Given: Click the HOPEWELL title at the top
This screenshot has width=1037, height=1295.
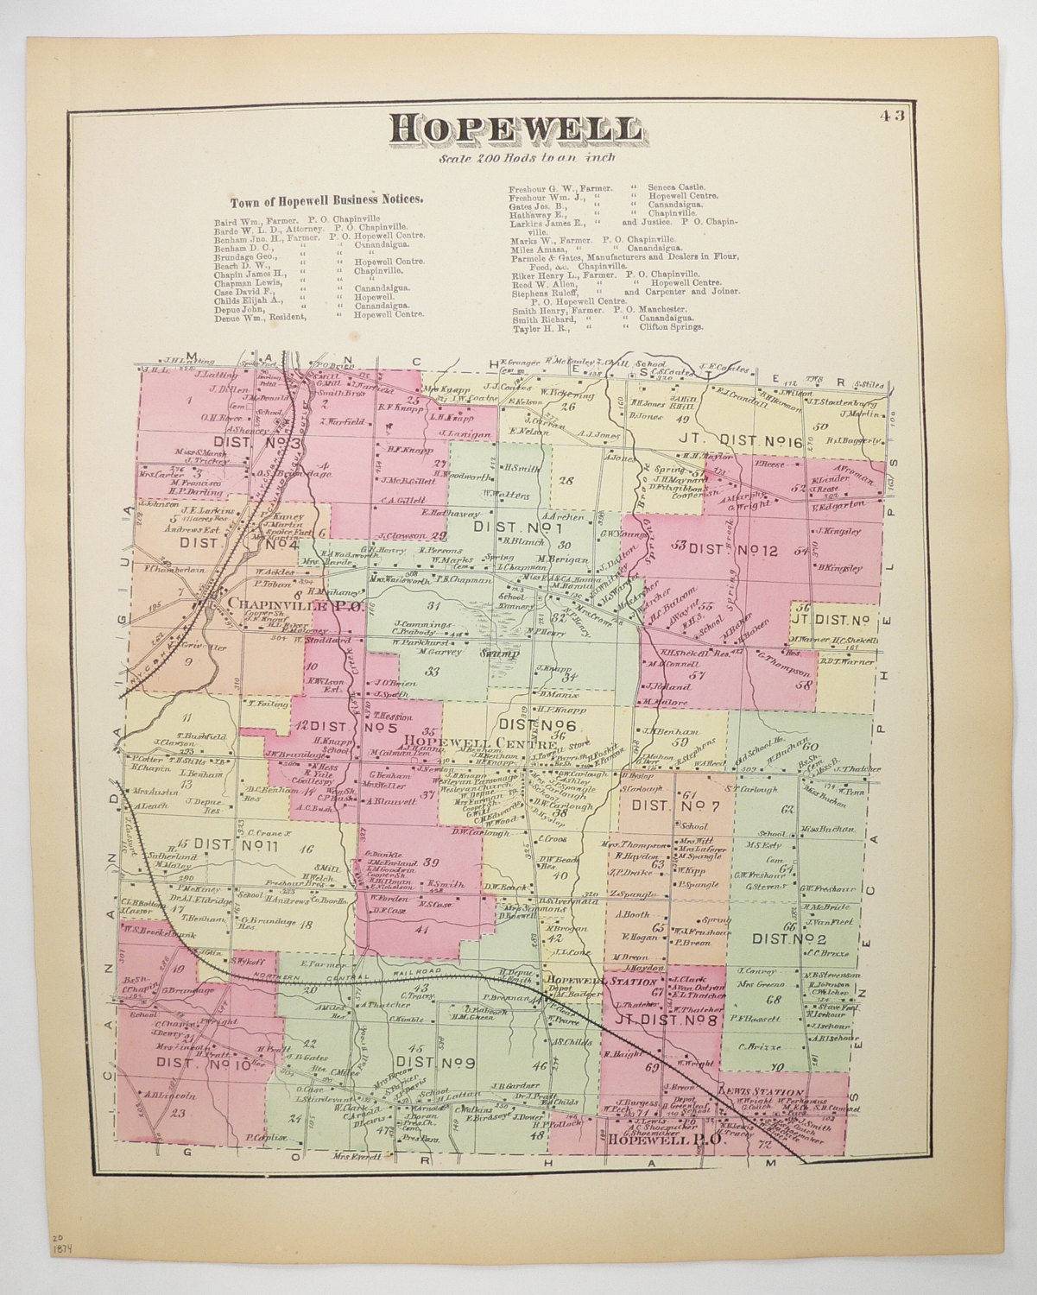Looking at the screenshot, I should point(515,130).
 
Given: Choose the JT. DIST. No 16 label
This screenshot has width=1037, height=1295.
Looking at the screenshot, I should point(741,443).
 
